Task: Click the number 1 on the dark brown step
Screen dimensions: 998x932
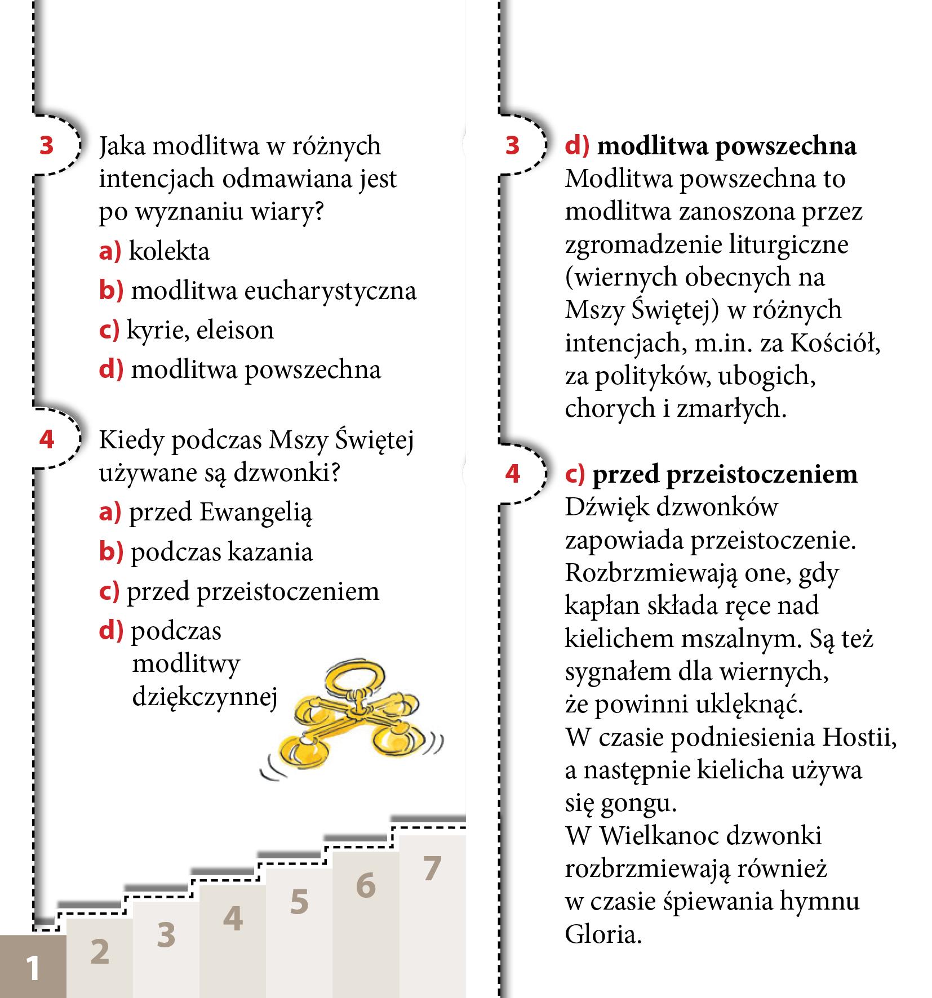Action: click(33, 968)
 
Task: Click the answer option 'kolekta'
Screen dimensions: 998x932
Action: click(168, 251)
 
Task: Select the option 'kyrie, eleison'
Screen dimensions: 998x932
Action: click(200, 330)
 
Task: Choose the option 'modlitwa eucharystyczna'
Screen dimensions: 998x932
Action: click(273, 291)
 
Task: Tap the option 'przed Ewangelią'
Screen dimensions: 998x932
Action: click(220, 513)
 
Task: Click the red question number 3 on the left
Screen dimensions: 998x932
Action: click(47, 145)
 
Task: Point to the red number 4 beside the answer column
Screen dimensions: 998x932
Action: click(512, 474)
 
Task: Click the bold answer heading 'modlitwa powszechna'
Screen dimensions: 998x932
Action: click(726, 146)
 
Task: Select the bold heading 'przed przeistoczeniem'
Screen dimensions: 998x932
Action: click(725, 474)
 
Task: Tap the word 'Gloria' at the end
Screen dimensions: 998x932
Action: click(603, 935)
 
